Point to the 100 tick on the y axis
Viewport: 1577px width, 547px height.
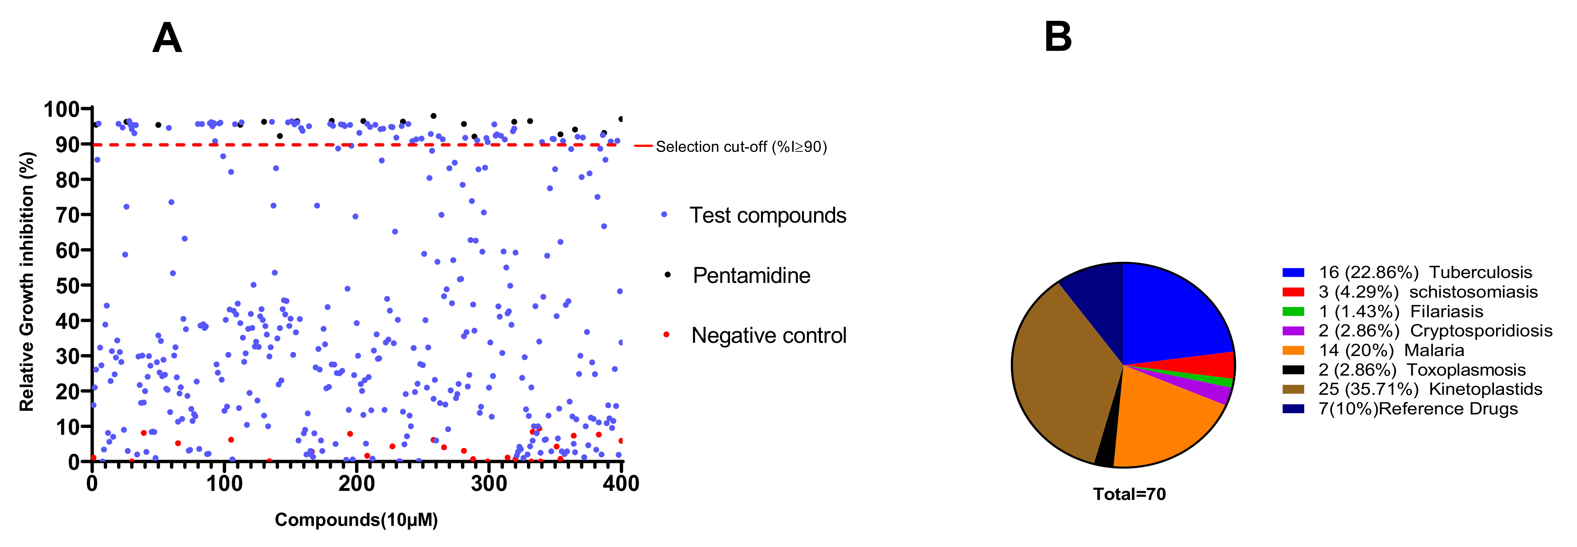(x=61, y=110)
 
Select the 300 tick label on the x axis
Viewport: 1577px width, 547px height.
(x=489, y=484)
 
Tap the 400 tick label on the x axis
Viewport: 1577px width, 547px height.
(x=621, y=484)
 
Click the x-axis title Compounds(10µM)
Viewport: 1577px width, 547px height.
(x=356, y=520)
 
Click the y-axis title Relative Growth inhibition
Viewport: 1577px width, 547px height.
(x=27, y=281)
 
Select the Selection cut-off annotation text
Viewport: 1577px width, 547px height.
(x=741, y=147)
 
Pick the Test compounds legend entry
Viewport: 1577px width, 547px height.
(x=768, y=215)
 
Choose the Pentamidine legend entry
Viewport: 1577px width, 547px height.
(x=751, y=275)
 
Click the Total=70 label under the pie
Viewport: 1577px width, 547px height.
(x=1129, y=494)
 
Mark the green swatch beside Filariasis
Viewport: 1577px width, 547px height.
(x=1293, y=312)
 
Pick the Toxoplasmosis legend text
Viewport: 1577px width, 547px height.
(x=1466, y=370)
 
